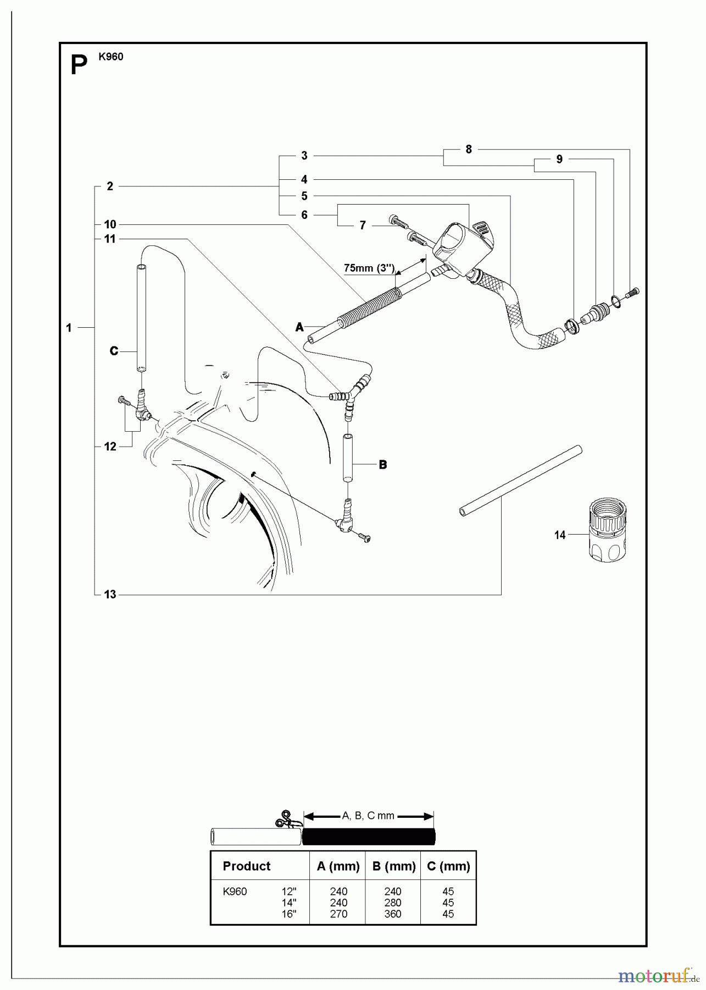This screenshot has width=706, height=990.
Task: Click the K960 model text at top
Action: click(x=111, y=57)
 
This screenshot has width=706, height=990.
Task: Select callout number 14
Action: click(x=559, y=535)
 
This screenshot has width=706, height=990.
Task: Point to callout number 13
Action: click(x=110, y=595)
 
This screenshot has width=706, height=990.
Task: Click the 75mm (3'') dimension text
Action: click(x=369, y=268)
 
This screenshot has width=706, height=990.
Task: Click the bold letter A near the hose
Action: click(x=299, y=327)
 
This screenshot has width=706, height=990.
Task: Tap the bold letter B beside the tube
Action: click(x=383, y=465)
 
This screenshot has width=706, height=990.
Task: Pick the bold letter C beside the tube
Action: click(x=114, y=351)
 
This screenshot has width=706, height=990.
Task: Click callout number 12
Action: click(x=110, y=447)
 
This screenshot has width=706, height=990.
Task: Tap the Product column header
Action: click(x=247, y=866)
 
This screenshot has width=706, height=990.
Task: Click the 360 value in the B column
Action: click(x=392, y=914)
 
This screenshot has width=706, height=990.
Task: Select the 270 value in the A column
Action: click(x=338, y=914)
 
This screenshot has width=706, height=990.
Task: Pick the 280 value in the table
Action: click(x=392, y=903)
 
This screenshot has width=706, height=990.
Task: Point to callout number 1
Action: click(x=69, y=328)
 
